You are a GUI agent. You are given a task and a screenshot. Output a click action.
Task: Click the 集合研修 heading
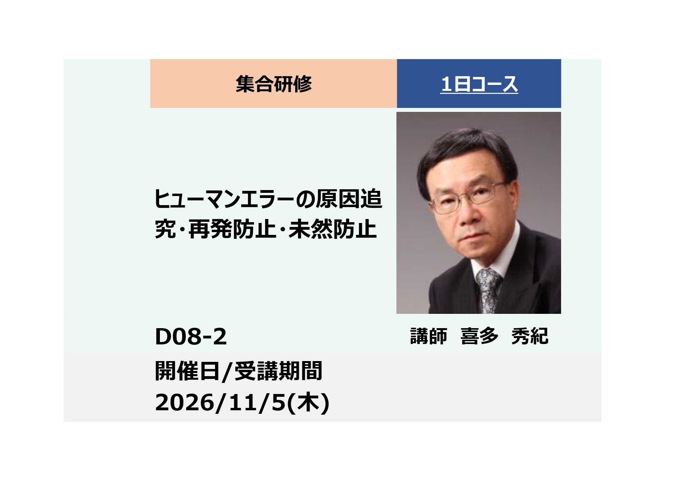pos(273,84)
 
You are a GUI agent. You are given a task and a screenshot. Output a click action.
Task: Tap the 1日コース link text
pos(479,85)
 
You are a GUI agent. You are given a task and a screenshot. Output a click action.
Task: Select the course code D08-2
pos(190,337)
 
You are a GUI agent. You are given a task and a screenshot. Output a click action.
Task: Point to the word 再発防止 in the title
pos(232,229)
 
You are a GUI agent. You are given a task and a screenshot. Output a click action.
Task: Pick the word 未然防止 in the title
pos(333,229)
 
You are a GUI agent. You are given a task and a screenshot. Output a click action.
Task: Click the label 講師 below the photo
pos(429,336)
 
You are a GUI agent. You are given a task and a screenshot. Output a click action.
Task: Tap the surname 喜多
pos(479,336)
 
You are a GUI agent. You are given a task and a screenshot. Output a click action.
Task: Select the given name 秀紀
pos(530,336)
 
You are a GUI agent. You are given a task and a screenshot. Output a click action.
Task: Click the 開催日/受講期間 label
pos(238,371)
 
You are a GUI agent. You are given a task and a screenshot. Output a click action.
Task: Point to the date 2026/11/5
pos(220,403)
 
